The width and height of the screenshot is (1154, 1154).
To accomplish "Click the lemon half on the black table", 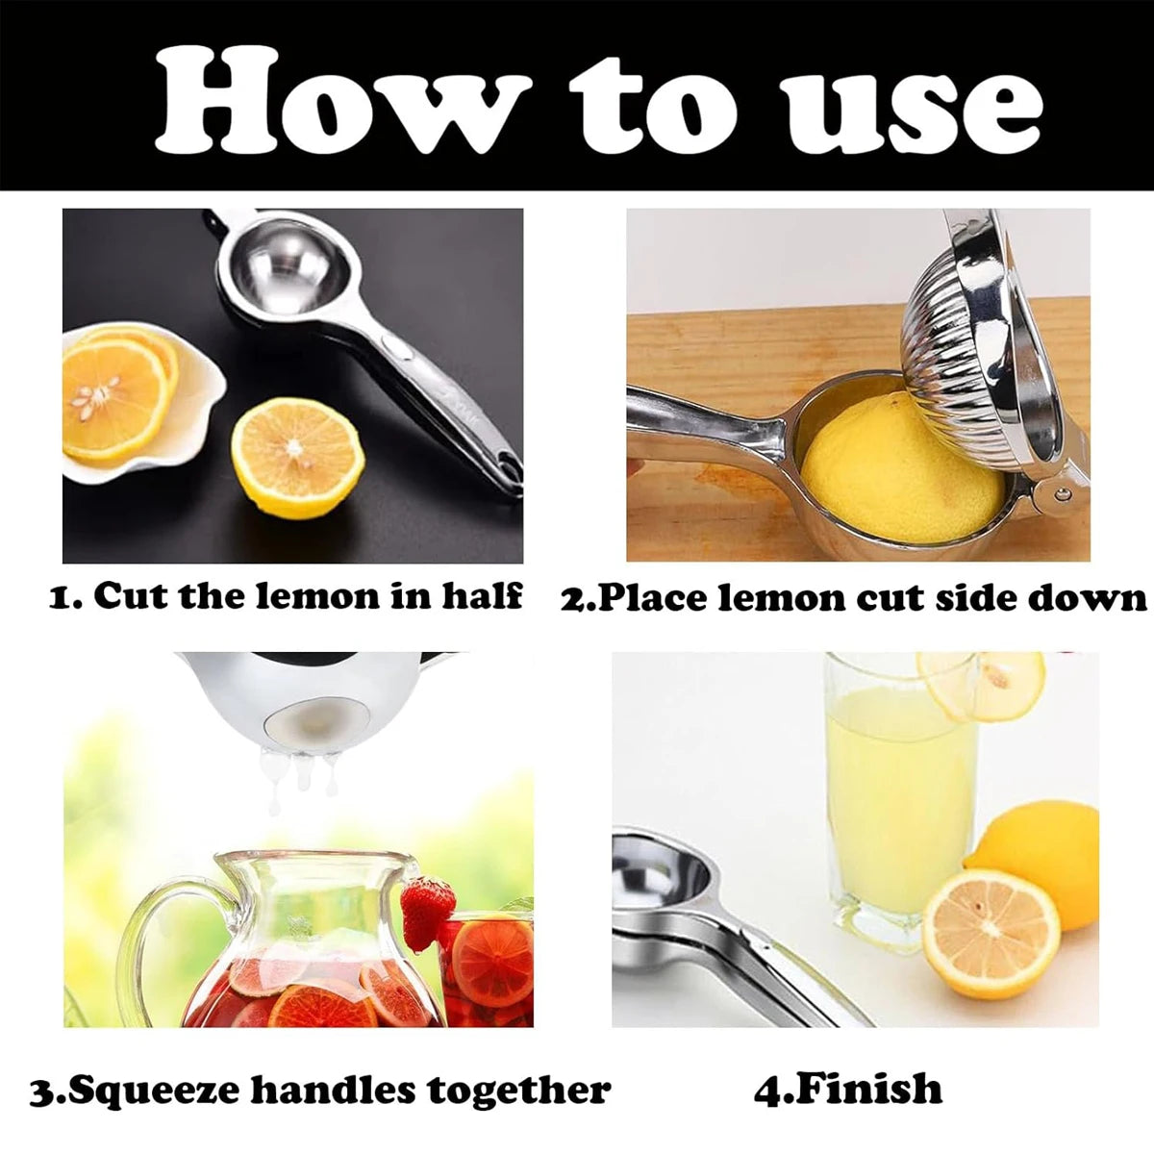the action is (298, 458).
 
